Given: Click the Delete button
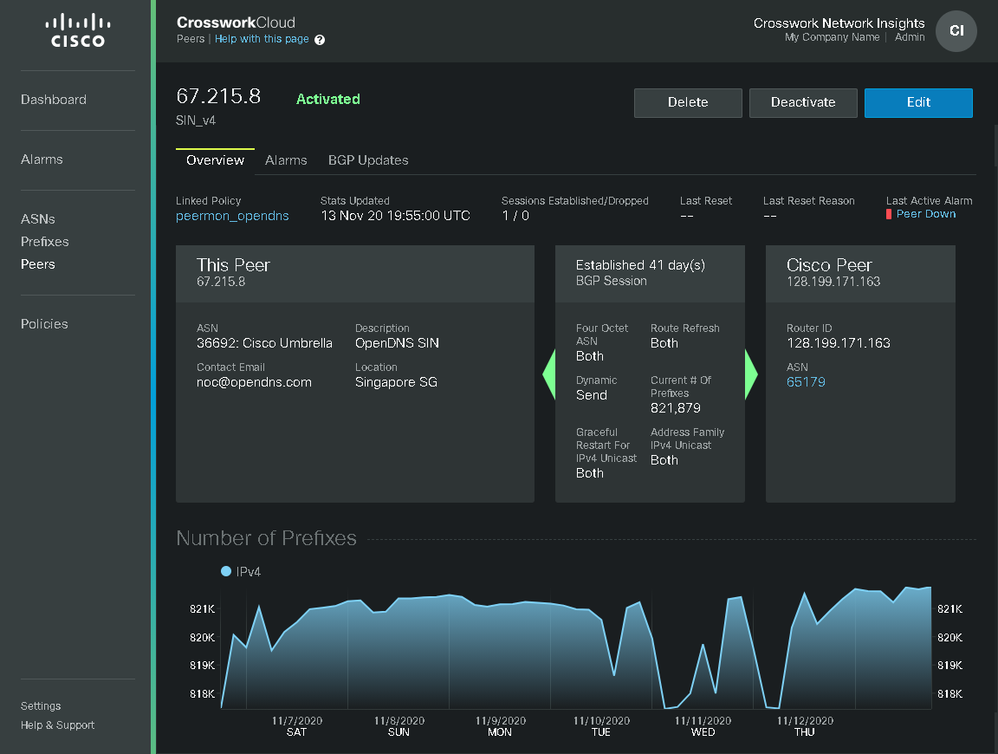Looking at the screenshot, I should (688, 102).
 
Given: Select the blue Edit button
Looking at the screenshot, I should (918, 102).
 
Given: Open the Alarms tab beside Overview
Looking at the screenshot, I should (286, 160).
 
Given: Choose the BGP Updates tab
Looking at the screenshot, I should (368, 160).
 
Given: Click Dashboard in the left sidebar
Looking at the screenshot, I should (54, 100).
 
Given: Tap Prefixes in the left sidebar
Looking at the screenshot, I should (45, 242).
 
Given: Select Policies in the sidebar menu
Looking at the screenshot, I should (44, 324).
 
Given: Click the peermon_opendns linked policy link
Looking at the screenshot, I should (232, 216).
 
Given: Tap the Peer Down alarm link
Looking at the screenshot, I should (926, 214).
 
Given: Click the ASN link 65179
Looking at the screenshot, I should (806, 382).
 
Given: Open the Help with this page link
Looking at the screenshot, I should (262, 39).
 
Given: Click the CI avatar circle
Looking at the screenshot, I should (956, 31).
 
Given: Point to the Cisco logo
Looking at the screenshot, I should (75, 30).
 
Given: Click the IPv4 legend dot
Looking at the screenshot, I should (226, 571).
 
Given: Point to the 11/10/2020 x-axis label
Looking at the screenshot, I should (601, 721).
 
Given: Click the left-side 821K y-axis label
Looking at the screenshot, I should (202, 609).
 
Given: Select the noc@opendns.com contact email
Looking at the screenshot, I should (254, 382).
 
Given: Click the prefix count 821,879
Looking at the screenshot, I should (676, 408).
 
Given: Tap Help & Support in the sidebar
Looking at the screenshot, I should (58, 725).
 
